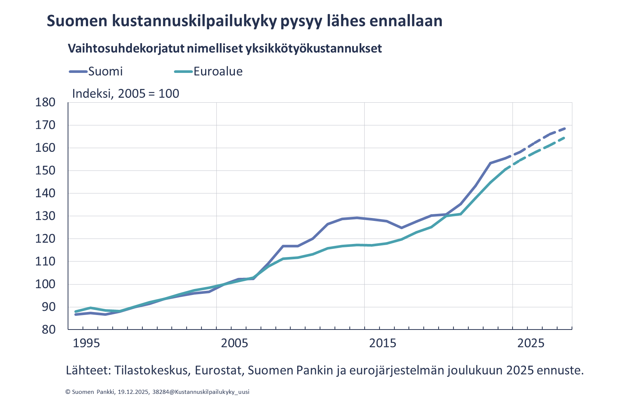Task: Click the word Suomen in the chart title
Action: click(77, 21)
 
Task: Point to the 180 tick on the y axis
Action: click(45, 102)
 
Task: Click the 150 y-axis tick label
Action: click(45, 171)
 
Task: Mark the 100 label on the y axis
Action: click(45, 284)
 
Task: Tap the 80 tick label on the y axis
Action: click(48, 330)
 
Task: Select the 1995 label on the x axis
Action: click(86, 343)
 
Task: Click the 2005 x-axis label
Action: click(235, 343)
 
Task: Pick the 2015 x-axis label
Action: click(382, 343)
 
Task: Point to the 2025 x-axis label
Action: click(531, 343)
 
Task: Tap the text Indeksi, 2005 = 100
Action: click(126, 93)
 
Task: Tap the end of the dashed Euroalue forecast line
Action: click(565, 138)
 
